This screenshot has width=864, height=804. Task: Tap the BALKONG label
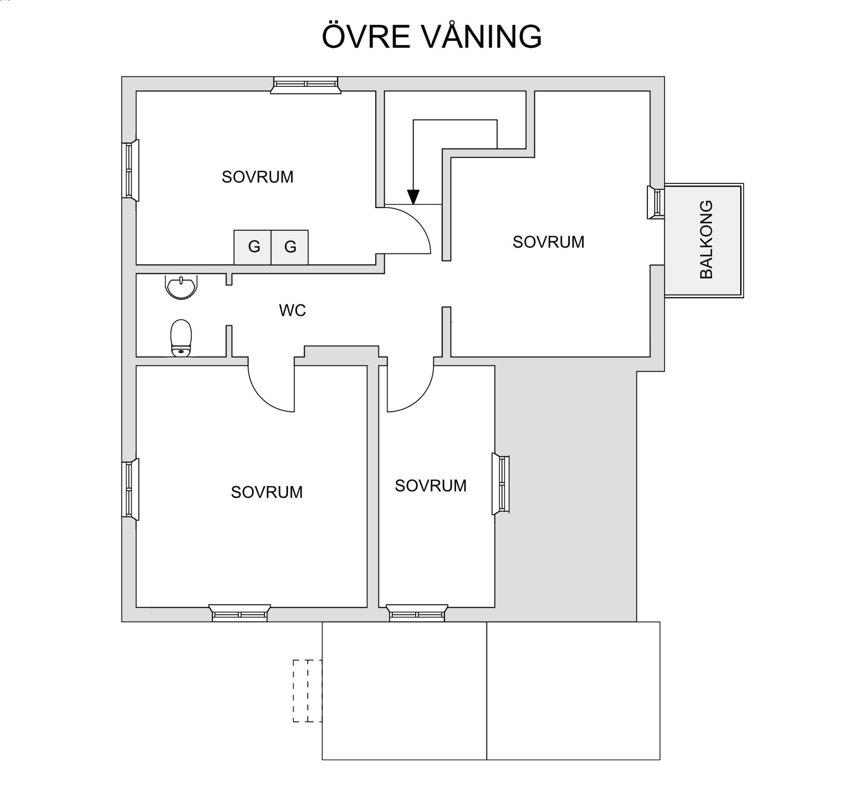click(x=706, y=239)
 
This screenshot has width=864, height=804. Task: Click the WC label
click(x=292, y=310)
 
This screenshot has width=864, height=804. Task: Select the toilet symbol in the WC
click(x=181, y=338)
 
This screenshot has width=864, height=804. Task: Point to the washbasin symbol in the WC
click(x=181, y=287)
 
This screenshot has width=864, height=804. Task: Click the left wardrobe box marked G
click(x=252, y=247)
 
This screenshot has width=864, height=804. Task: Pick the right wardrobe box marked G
click(x=290, y=247)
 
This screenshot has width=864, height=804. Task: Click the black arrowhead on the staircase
click(x=413, y=197)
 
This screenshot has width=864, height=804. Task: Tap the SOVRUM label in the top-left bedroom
click(x=257, y=177)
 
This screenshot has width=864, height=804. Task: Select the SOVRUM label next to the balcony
click(x=548, y=242)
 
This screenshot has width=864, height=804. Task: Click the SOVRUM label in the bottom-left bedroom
click(x=266, y=492)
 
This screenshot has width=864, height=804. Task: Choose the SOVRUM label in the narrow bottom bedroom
click(x=431, y=485)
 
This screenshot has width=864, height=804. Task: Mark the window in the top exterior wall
click(x=306, y=84)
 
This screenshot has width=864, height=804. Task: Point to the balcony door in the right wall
click(x=656, y=202)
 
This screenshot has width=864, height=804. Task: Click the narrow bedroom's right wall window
click(x=501, y=484)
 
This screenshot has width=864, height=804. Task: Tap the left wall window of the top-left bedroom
click(x=130, y=170)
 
